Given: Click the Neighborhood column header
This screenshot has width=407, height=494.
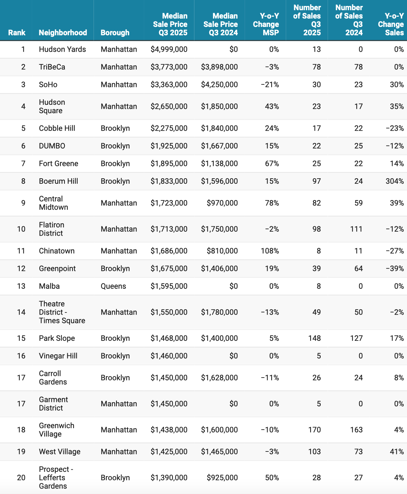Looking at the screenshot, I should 63,33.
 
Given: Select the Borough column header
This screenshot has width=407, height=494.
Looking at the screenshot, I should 115,33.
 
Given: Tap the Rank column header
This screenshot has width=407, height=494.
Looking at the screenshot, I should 17,33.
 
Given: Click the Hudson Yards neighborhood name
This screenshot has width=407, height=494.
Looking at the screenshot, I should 62,49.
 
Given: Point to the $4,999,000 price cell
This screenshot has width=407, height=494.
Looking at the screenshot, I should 169,49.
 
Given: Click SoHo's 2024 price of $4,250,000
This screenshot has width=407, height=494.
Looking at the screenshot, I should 219,85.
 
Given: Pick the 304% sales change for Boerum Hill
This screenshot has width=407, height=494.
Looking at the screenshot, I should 395,181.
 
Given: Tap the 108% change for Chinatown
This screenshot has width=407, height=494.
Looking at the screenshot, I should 270,251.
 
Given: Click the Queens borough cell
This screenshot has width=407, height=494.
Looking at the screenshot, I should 113,286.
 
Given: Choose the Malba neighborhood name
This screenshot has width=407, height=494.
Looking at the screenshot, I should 49,286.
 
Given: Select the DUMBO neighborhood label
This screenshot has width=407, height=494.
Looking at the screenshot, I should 52,146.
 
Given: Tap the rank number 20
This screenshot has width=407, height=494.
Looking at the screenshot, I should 21,478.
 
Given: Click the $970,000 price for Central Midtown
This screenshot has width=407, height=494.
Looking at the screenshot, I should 222,203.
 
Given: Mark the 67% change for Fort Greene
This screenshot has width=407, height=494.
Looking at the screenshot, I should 272,164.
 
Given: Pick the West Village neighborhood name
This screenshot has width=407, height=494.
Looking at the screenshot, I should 60,452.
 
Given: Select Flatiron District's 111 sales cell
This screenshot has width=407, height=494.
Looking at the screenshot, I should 356,229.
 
